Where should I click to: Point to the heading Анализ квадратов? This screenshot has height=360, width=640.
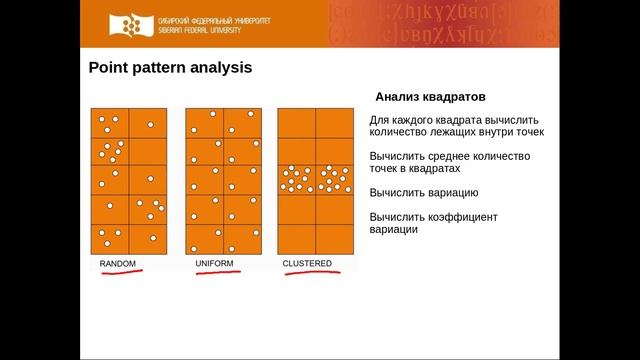pyautogui.click(x=431, y=99)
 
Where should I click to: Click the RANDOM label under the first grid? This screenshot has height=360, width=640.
pyautogui.click(x=117, y=264)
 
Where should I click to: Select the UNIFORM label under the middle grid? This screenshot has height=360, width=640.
pyautogui.click(x=214, y=264)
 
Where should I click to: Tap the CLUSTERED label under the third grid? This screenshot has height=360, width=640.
pyautogui.click(x=307, y=264)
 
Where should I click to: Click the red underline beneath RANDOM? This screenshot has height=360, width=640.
pyautogui.click(x=118, y=272)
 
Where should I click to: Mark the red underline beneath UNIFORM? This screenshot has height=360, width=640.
pyautogui.click(x=217, y=272)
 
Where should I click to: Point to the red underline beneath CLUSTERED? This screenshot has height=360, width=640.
pyautogui.click(x=308, y=272)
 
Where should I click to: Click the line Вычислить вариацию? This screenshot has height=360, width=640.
pyautogui.click(x=424, y=193)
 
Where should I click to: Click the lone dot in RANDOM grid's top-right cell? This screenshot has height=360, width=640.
pyautogui.click(x=150, y=125)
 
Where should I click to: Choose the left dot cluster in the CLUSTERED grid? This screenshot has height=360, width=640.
pyautogui.click(x=296, y=179)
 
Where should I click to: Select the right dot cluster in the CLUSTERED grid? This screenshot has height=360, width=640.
pyautogui.click(x=335, y=179)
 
